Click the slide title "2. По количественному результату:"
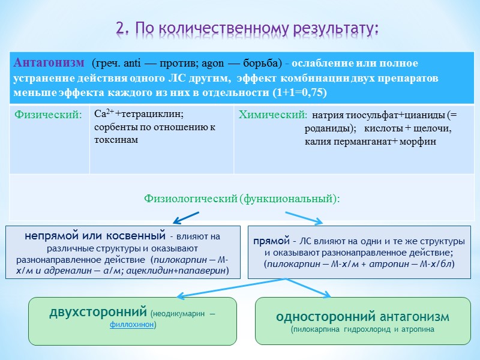[x=248, y=29]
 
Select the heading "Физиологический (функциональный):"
[x=242, y=199]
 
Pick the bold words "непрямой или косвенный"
[x=95, y=236]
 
